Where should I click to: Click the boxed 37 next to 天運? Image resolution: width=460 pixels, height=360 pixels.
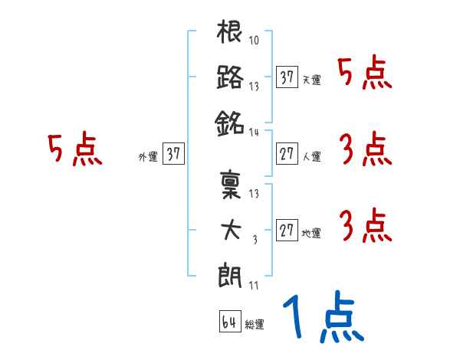pyautogui.click(x=287, y=77)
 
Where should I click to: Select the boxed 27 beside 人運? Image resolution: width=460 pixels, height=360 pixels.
pyautogui.click(x=287, y=153)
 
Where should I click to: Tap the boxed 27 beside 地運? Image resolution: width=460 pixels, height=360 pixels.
pyautogui.click(x=287, y=230)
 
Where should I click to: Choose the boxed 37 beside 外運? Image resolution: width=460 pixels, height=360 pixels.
pyautogui.click(x=173, y=153)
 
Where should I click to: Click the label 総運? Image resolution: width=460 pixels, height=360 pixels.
pyautogui.click(x=255, y=325)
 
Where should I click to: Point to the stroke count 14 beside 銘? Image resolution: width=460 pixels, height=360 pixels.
pyautogui.click(x=254, y=131)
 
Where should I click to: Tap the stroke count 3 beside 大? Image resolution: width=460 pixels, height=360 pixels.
pyautogui.click(x=255, y=240)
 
